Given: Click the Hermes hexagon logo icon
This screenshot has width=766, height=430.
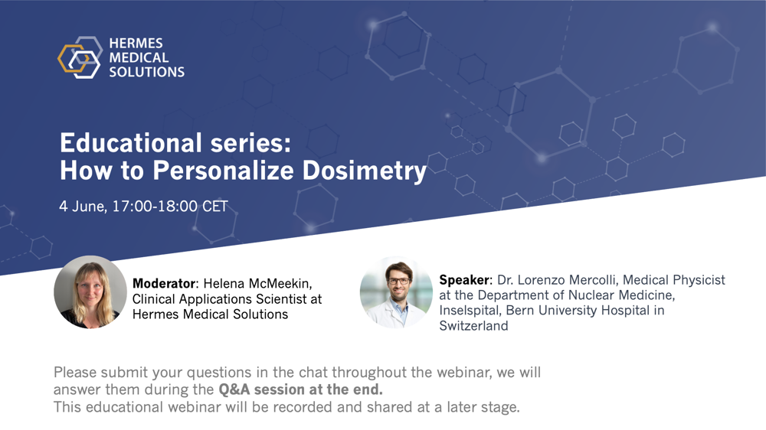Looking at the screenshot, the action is tap(80, 57).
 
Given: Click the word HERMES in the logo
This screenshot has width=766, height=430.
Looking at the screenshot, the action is tap(136, 44).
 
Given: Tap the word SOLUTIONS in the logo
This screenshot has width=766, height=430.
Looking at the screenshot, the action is tap(146, 72).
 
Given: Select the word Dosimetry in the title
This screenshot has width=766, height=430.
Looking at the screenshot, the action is tap(365, 171).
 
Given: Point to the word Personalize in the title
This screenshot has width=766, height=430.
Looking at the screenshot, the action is tap(223, 171).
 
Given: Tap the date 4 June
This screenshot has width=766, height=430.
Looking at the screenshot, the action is tap(83, 207).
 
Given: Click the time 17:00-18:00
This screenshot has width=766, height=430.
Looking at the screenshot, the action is tap(155, 206).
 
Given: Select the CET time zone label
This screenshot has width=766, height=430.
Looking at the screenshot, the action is tap(215, 206).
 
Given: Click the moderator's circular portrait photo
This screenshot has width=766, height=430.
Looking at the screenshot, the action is tap(90, 292).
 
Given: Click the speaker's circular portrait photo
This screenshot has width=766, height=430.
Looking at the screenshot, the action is tap(396, 292).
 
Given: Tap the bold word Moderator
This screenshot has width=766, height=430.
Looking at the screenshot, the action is tap(164, 284).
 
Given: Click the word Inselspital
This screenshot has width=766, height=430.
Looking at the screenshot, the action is tap(470, 311).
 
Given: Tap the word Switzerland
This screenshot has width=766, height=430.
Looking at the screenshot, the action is tap(473, 325).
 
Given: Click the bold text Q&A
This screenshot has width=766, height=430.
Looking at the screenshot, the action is tap(234, 389).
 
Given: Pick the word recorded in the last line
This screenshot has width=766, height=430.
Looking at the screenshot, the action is tap(303, 407).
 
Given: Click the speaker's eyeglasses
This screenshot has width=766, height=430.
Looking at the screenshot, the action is tap(398, 281).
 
